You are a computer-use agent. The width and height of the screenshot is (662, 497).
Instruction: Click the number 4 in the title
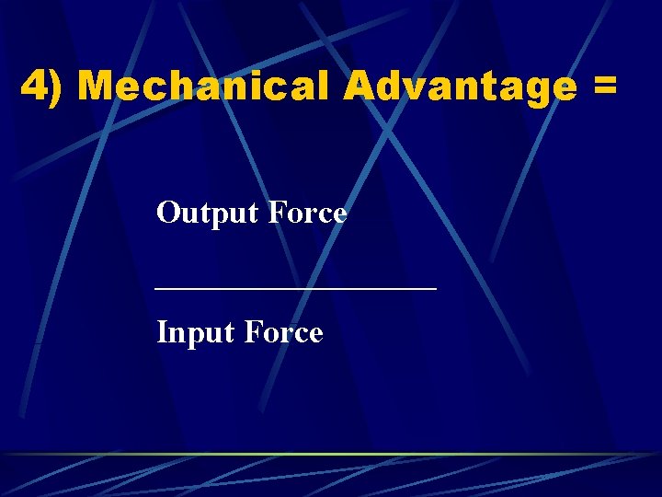coord(34,87)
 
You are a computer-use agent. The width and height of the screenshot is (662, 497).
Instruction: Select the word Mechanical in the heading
coord(203,87)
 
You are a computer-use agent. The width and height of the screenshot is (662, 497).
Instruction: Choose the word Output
coord(209,214)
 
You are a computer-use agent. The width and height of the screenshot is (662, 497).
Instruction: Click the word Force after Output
coord(308,214)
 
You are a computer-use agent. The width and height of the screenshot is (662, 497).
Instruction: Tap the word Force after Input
coord(284,332)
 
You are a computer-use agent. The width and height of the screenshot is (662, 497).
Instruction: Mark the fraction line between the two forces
coord(296,288)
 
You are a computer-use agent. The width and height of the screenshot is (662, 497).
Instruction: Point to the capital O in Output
coord(168,214)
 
